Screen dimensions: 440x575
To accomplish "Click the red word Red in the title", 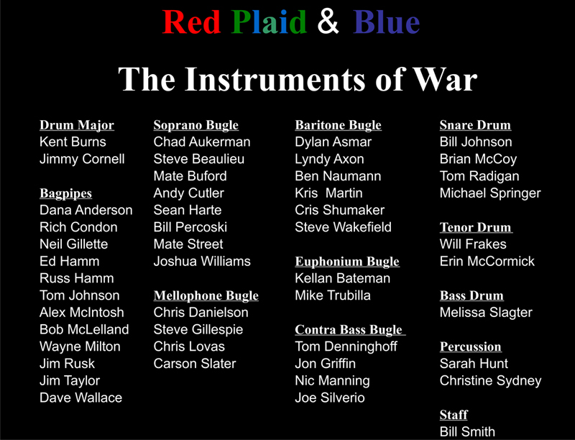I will coord(191,22).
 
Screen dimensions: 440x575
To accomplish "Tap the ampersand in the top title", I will coord(328,22).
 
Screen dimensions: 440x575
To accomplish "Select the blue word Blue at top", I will coord(386,22).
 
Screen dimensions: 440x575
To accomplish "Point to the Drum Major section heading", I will coord(77,125).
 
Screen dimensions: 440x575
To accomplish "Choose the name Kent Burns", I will coord(73,142).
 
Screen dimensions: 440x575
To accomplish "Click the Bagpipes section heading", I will coord(65,193).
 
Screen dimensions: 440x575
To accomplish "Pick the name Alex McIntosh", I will coord(81,312).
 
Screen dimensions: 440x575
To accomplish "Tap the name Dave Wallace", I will coord(80,398).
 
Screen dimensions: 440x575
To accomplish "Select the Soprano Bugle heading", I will coord(195,125).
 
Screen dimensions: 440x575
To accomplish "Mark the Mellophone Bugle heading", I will coord(206,295).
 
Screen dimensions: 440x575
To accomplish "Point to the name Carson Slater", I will coord(194,364).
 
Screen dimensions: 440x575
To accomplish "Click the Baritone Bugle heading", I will coord(338,125).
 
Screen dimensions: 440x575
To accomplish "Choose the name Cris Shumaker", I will coord(339,210).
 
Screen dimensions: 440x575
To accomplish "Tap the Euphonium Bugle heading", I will coord(346,262).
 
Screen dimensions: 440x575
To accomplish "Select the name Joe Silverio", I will coord(330,398).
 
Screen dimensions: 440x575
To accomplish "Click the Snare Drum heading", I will coord(475,125).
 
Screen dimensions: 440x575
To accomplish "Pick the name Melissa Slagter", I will coord(486,312).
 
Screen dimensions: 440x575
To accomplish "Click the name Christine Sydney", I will coord(490,380).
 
